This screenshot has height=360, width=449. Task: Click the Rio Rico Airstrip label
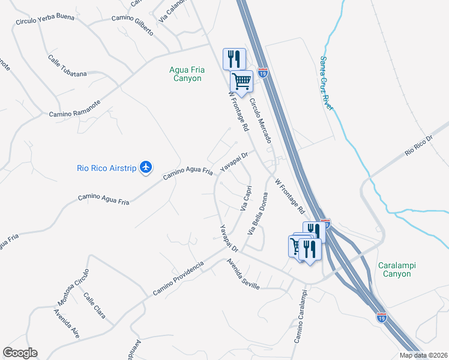click(107, 168)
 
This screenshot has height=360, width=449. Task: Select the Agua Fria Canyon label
click(187, 74)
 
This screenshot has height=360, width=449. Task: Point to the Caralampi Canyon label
click(398, 269)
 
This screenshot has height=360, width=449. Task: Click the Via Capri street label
click(246, 197)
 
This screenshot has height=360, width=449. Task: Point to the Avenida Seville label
click(243, 274)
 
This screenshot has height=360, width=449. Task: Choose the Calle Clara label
click(95, 305)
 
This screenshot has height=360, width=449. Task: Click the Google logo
click(20, 353)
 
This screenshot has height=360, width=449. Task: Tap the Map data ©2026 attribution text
click(423, 355)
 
